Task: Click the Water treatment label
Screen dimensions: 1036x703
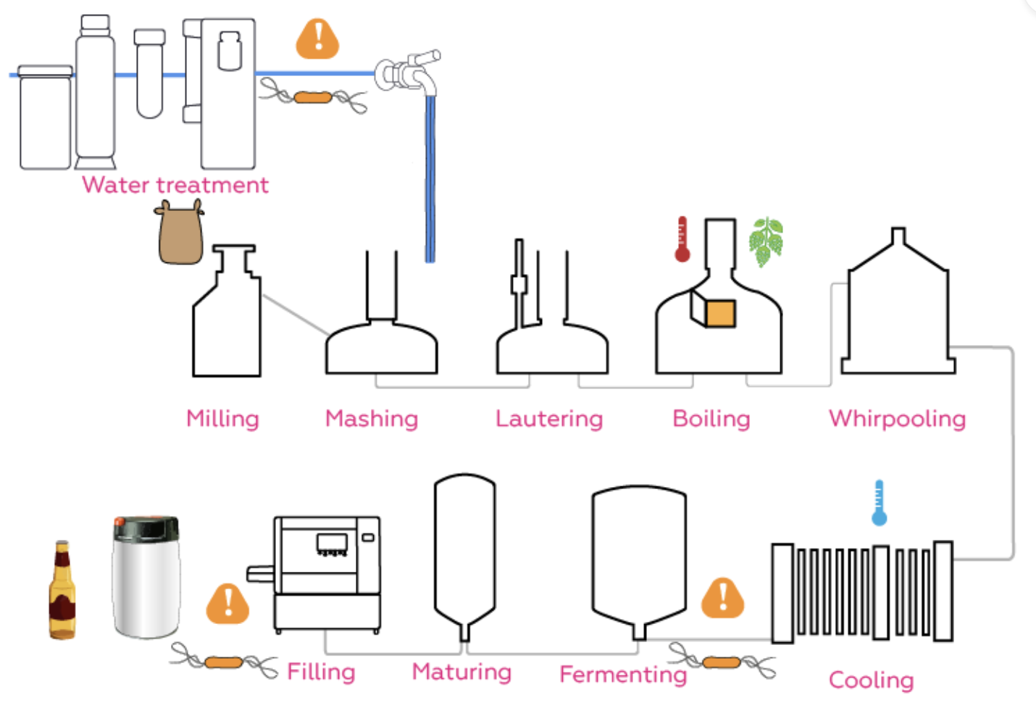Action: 175,185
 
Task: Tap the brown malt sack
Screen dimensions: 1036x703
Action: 180,233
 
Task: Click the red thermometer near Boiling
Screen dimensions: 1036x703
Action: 682,239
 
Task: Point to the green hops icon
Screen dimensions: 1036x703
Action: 766,241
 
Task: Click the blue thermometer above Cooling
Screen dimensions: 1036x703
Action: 879,502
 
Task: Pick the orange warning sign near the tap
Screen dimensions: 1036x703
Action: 318,39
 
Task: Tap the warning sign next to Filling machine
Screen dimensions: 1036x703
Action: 227,604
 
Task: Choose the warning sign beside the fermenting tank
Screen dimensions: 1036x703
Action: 722,598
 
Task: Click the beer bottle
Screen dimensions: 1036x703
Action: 62,590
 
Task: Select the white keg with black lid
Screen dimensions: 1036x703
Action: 146,577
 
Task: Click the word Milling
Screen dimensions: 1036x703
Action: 222,420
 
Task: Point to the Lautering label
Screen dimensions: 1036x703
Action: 549,420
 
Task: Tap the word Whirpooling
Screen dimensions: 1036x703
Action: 897,420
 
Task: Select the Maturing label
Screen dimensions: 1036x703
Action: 461,673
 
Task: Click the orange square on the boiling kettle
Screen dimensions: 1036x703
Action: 721,313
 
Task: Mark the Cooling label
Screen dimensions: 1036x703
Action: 872,681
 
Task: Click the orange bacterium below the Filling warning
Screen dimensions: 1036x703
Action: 224,662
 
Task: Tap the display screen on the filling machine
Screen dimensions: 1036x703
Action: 332,543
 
